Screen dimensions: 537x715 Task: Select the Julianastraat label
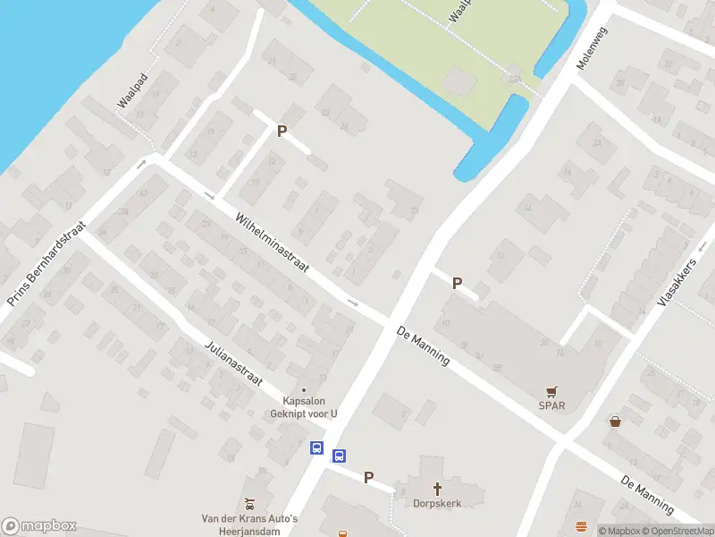pos(233,363)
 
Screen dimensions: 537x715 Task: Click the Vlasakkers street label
pos(676,284)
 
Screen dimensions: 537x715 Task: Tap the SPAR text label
pos(551,405)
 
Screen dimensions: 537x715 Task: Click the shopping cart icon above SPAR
pos(551,391)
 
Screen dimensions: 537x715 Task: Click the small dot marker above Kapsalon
pos(304,389)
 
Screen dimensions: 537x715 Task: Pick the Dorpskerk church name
pos(438,503)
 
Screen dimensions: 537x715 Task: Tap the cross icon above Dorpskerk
pos(438,489)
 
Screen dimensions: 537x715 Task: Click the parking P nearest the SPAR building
pos(457,283)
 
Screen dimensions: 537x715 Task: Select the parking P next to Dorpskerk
pos(368,478)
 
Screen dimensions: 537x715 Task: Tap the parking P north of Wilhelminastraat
pos(282,131)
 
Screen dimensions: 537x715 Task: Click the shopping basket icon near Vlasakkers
pos(615,421)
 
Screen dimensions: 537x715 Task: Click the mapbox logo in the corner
pos(38,526)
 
